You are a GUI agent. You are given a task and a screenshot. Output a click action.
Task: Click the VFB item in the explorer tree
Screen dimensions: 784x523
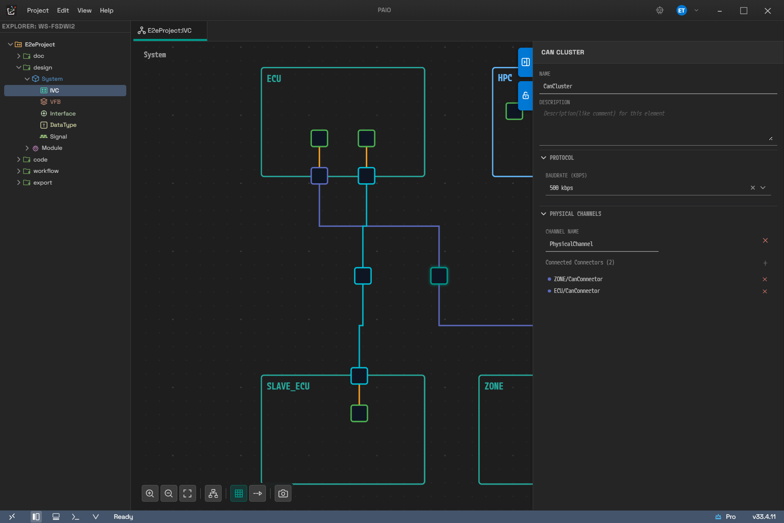click(55, 102)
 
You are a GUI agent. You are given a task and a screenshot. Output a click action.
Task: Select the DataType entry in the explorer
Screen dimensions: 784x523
click(63, 125)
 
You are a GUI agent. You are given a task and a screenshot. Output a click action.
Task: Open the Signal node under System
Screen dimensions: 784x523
click(58, 136)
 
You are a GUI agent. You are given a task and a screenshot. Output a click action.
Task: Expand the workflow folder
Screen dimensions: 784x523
click(18, 171)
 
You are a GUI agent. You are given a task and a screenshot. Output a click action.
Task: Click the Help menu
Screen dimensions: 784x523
click(107, 10)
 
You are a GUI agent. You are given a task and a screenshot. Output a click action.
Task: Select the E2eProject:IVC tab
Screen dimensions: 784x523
click(170, 31)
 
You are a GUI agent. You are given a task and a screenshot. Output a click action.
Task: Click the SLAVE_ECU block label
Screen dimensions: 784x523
click(288, 386)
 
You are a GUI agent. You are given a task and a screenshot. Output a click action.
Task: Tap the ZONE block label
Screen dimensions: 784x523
click(494, 386)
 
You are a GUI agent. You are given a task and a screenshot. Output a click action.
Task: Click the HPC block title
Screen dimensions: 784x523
click(505, 78)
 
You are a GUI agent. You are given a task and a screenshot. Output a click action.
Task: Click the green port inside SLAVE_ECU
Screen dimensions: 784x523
click(359, 413)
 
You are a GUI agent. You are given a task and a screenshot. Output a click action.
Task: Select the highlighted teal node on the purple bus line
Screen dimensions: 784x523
click(439, 276)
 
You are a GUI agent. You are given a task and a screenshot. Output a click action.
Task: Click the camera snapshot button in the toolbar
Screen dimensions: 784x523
click(283, 494)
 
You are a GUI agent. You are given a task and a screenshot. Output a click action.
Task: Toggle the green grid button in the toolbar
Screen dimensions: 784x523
click(239, 494)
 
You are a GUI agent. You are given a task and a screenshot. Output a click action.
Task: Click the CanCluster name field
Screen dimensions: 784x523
click(658, 86)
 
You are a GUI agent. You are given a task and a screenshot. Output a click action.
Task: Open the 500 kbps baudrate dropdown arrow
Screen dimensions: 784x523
click(763, 188)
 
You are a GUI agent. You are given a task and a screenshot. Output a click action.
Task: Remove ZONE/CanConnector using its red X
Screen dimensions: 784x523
click(765, 279)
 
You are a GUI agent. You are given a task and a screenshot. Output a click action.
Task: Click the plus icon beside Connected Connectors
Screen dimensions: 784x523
click(765, 263)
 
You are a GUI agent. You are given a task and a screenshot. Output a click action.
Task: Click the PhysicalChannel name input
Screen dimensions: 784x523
click(602, 244)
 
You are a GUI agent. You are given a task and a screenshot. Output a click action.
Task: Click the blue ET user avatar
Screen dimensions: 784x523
click(682, 10)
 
